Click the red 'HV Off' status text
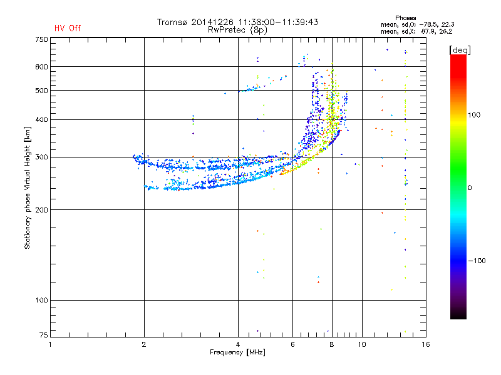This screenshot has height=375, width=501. [x=68, y=28]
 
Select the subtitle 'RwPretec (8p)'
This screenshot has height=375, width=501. [x=237, y=30]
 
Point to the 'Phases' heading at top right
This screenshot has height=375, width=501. [x=405, y=18]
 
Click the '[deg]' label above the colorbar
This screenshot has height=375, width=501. [x=460, y=50]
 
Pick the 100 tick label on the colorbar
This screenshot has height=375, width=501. [x=474, y=115]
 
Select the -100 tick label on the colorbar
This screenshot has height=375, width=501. [x=477, y=261]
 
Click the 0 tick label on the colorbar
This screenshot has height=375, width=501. [x=470, y=187]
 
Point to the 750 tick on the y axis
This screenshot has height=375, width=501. [x=41, y=39]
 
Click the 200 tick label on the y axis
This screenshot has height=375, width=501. [x=41, y=210]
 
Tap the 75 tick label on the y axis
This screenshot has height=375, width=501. [x=44, y=335]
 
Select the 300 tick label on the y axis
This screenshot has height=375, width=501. [x=41, y=157]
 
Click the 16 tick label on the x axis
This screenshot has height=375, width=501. [x=426, y=344]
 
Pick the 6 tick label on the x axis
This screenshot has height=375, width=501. [x=292, y=344]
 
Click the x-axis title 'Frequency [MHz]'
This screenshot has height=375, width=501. [x=237, y=352]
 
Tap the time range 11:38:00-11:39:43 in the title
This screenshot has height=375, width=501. [x=278, y=22]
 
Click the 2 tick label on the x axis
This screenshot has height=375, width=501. [x=144, y=344]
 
